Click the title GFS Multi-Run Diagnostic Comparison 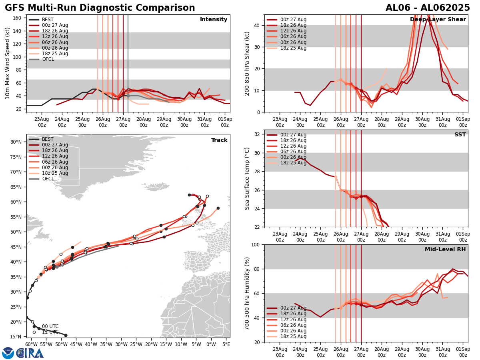(x=100, y=8)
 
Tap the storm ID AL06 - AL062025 (x=428, y=8)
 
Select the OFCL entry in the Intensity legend (x=48, y=59)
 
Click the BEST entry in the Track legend (x=48, y=139)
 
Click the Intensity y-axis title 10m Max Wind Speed (x=8, y=63)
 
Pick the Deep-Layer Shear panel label (x=438, y=20)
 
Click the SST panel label (x=460, y=135)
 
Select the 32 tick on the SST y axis (x=258, y=134)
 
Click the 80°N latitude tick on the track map (x=16, y=142)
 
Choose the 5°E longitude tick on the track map (x=226, y=344)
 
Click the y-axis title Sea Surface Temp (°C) (x=247, y=178)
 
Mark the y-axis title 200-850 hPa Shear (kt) (x=247, y=63)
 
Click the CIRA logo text (x=30, y=353)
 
